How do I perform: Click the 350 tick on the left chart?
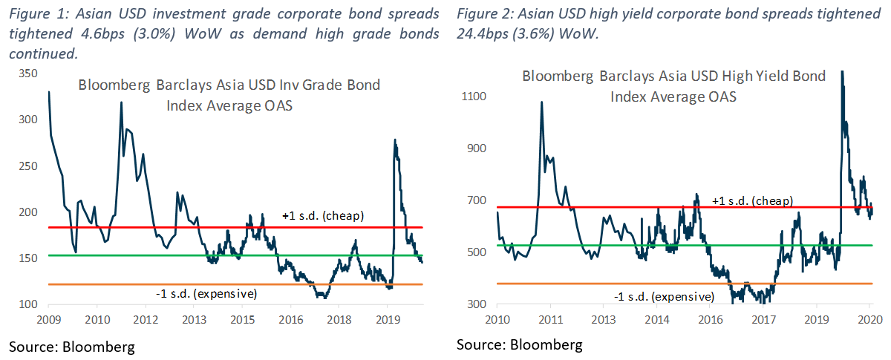point(28,73)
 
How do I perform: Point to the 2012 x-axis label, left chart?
point(146,320)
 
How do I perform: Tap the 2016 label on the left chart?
point(291,320)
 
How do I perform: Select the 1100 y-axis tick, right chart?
point(474,96)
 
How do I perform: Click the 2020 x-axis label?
point(870,320)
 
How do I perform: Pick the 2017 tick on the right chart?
point(764,320)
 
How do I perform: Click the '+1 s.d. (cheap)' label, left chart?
point(323,215)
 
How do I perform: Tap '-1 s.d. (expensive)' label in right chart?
point(664,297)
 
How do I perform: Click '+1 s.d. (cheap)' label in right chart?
point(752,201)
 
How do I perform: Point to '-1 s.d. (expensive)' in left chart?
point(206,294)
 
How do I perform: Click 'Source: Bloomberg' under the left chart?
point(72,347)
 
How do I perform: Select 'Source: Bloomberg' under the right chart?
point(520,344)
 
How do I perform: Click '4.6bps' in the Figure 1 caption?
point(102,34)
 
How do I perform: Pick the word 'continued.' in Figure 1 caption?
point(43,53)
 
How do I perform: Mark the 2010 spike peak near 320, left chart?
point(121,102)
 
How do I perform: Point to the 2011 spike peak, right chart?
point(542,102)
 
